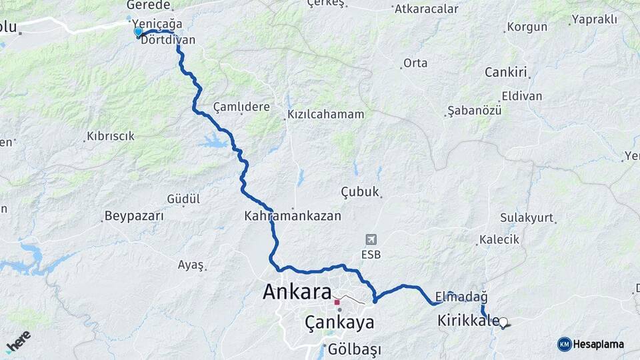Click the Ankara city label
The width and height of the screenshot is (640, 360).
tap(297, 292)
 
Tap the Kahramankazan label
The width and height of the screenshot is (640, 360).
tap(293, 216)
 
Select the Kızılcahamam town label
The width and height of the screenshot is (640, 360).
tap(326, 114)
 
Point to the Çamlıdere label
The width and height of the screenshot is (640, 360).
tap(241, 107)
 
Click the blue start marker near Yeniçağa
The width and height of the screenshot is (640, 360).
tap(138, 31)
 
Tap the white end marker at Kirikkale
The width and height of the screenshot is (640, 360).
tap(503, 322)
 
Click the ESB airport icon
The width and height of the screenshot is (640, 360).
tap(370, 239)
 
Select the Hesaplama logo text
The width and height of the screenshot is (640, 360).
tap(598, 344)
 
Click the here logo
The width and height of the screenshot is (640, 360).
tap(18, 341)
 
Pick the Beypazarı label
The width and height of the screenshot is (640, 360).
tap(134, 216)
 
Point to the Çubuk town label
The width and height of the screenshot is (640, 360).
tap(360, 192)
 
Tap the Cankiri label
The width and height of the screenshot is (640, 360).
tap(506, 72)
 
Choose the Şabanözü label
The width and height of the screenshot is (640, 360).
tap(474, 110)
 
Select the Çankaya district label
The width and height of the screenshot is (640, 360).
tap(339, 323)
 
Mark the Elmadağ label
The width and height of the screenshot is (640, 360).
tap(461, 296)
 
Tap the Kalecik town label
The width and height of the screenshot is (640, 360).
tap(499, 240)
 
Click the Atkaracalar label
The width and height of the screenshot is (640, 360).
tap(427, 9)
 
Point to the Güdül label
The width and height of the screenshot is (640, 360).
tap(183, 199)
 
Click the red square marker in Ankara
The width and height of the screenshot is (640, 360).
tap(337, 302)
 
